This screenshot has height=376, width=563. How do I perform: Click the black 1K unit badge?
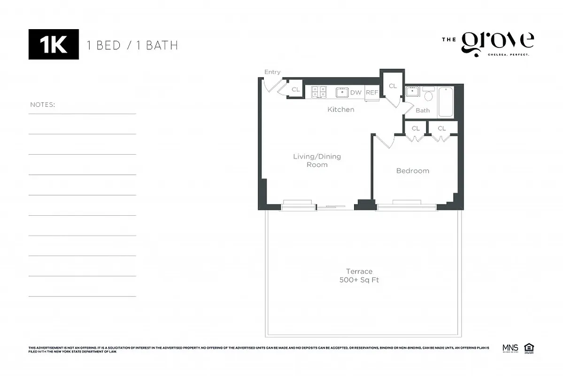click(x=54, y=45)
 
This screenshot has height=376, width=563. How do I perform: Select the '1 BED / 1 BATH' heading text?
click(x=132, y=46)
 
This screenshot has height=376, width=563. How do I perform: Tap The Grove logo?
click(x=488, y=44)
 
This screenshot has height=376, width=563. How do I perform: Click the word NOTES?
click(x=42, y=104)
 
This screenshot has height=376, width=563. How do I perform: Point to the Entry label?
click(x=272, y=72)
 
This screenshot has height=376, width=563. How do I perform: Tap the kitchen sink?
click(x=342, y=92)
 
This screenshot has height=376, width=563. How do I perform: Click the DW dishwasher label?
click(x=356, y=93)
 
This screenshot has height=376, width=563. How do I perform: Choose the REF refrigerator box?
click(x=372, y=93)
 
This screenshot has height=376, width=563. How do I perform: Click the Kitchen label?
click(x=340, y=110)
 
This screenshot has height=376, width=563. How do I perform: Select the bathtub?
click(x=446, y=102)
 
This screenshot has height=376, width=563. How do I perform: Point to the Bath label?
click(x=423, y=110)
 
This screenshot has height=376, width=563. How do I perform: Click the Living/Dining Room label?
click(x=317, y=160)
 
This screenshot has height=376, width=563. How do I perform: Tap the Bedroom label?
click(x=412, y=171)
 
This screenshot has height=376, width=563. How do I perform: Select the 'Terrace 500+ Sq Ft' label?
click(x=359, y=275)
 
